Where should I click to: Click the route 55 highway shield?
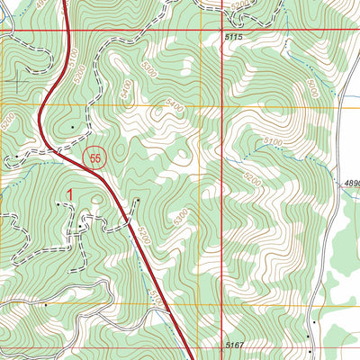pyautogui.click(x=96, y=158)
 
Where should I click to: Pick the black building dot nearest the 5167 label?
pyautogui.click(x=307, y=337)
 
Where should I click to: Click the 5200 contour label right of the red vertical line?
pyautogui.click(x=253, y=181)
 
